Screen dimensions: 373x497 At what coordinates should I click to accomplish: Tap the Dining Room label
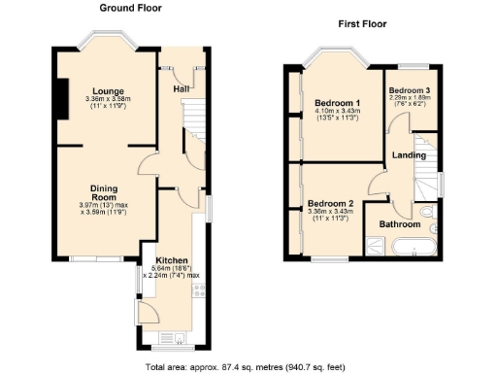click(104, 193)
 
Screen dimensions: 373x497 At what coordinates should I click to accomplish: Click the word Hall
click(181, 89)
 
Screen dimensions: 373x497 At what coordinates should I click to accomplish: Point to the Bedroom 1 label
click(338, 103)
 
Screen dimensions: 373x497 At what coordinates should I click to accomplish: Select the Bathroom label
click(399, 224)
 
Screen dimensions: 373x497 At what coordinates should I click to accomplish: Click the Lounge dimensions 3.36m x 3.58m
click(108, 99)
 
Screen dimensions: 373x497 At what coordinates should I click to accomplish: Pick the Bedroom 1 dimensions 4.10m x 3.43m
click(338, 113)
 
